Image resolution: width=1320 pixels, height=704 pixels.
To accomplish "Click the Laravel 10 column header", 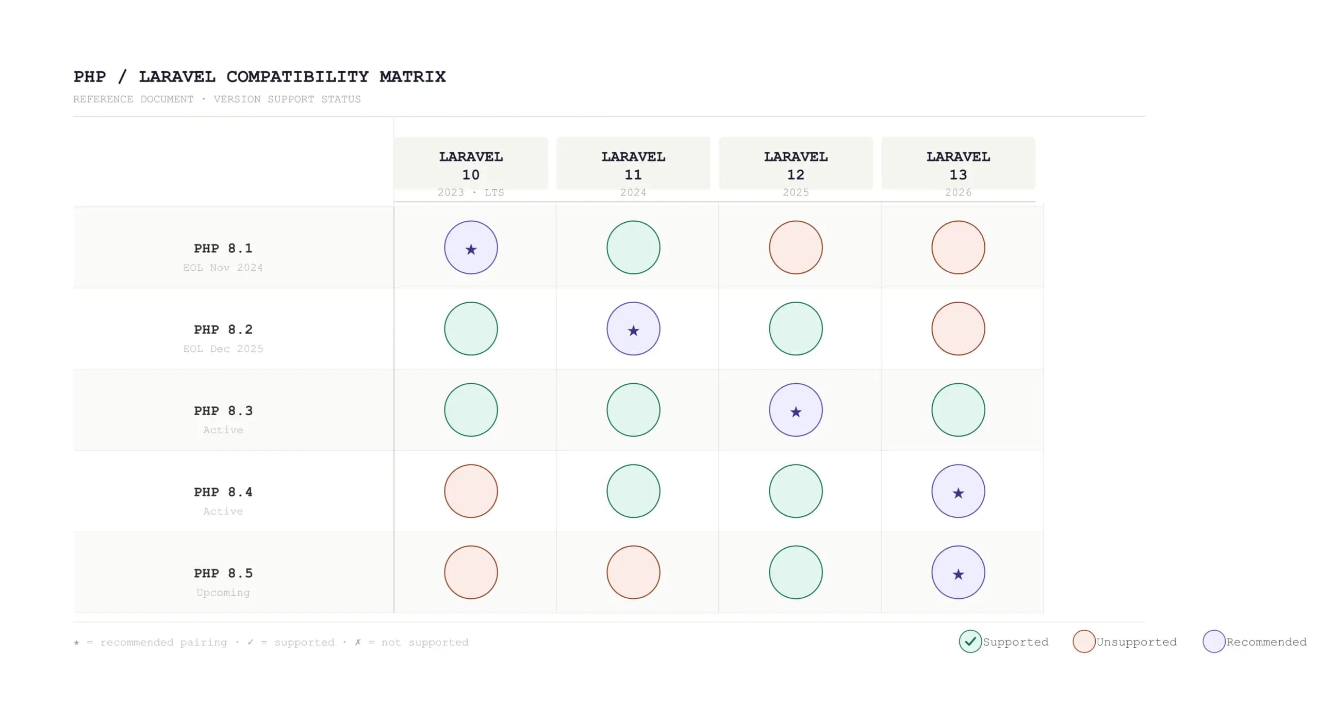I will (471, 165).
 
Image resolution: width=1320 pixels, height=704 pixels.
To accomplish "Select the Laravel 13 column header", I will (958, 165).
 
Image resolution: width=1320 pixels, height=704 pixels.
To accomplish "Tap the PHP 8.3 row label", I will (223, 411).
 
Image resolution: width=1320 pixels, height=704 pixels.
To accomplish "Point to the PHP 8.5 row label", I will (223, 573).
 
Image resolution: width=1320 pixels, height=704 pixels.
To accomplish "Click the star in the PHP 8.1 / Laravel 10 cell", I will (471, 250).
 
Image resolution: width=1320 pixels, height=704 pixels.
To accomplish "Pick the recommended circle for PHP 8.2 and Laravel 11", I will (633, 329).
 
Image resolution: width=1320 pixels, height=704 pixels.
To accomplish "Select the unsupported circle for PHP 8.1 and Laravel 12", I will (796, 248).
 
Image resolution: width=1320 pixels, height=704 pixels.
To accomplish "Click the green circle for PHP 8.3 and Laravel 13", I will (958, 410).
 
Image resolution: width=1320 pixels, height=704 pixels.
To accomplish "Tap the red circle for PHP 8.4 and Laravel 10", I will (471, 491).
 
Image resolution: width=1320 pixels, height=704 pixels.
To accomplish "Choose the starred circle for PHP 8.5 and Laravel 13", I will (958, 572).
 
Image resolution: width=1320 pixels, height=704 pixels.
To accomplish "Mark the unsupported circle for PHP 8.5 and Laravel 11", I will (633, 572).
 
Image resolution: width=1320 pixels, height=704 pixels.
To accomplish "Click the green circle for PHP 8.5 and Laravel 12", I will (796, 572).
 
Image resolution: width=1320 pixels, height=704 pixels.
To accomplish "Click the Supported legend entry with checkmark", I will (970, 641).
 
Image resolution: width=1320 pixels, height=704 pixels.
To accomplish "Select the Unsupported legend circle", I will (1084, 641).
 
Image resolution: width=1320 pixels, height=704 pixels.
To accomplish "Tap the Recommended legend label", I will (1266, 642).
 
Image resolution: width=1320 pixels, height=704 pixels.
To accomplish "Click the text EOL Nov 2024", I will (223, 268).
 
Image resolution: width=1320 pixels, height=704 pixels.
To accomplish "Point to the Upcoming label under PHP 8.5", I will (223, 593).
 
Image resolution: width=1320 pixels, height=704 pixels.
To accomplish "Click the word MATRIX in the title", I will (412, 77).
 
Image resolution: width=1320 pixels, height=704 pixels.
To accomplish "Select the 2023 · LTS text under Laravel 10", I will (471, 192).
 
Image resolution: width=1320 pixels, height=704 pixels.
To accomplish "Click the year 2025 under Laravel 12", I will (796, 192).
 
